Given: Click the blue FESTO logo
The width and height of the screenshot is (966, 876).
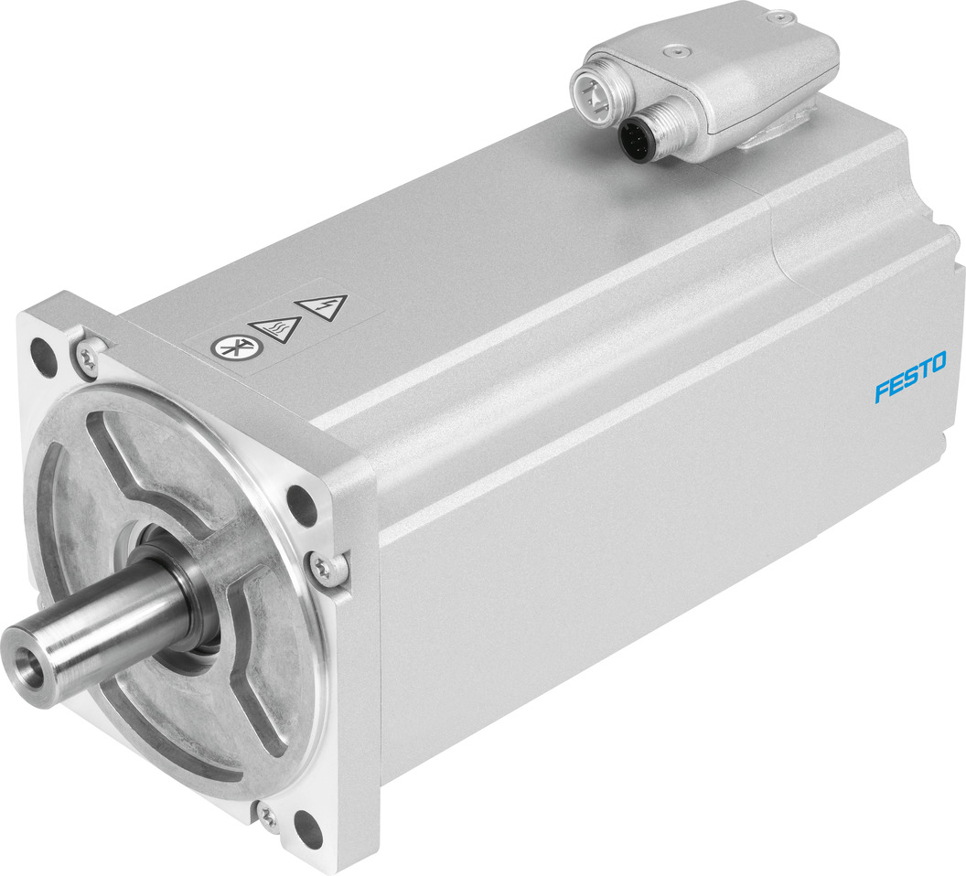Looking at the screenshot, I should [910, 378].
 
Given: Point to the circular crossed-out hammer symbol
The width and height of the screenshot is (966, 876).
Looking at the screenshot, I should [226, 348].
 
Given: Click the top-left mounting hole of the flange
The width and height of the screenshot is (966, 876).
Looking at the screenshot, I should [39, 348].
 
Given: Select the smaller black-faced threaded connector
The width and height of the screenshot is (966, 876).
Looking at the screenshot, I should [634, 139].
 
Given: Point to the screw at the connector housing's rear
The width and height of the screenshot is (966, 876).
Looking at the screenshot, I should [778, 16].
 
